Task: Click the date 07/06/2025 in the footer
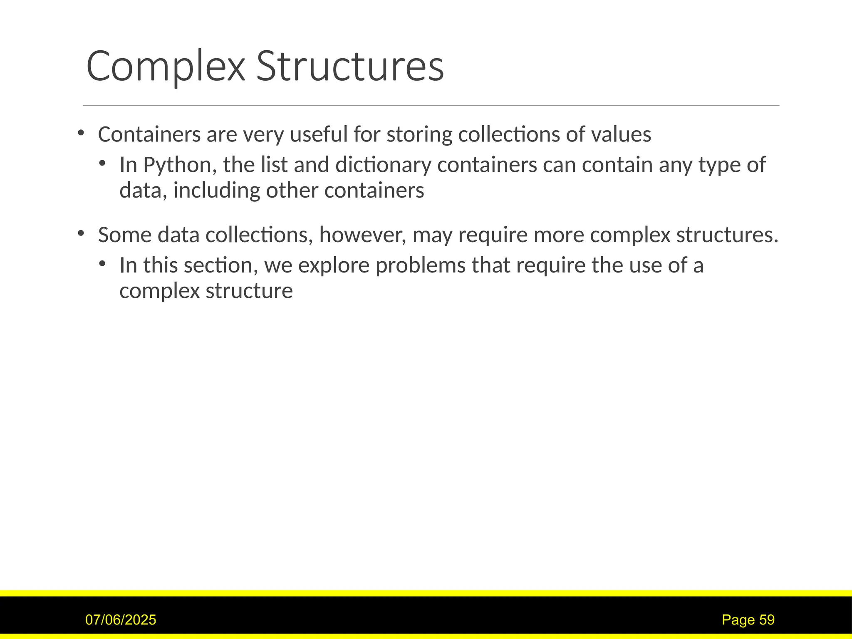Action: tap(121, 620)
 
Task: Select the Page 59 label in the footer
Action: tap(748, 620)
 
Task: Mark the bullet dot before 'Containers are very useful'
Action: tap(81, 133)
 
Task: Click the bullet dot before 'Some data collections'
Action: tap(81, 233)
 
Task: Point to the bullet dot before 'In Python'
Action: tap(102, 163)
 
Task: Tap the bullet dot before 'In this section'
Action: tap(102, 264)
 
